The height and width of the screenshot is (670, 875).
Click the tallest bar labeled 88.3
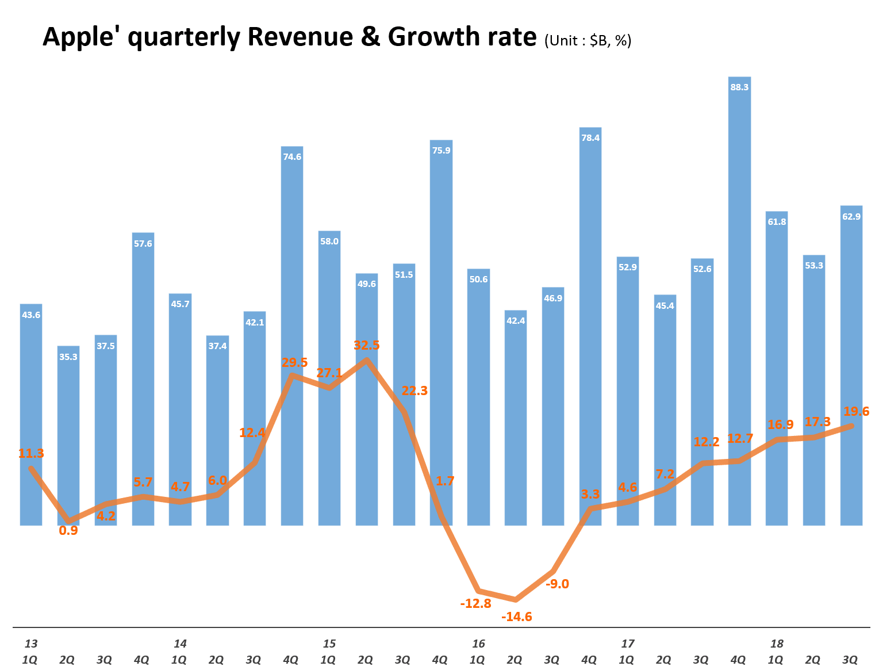pos(739,299)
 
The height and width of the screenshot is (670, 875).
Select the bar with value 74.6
pos(292,334)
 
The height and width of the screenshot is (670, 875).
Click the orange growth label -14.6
pos(517,617)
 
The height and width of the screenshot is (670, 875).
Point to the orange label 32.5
pos(367,345)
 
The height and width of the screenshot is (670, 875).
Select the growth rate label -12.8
pos(475,603)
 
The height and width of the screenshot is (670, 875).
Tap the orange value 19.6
pos(856,411)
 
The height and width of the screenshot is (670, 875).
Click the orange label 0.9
pos(68,530)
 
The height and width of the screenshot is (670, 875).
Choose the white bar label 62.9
pos(851,217)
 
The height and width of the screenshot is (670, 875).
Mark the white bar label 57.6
pos(143,244)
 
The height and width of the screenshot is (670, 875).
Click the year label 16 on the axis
pos(478,644)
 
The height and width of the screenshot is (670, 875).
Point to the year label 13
pos(31,644)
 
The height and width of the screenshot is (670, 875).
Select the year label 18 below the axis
pos(777,644)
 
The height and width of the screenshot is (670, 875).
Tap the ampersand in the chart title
pos(372,37)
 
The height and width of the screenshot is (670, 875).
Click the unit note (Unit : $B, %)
pos(588,40)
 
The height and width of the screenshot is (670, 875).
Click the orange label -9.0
pos(557,584)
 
